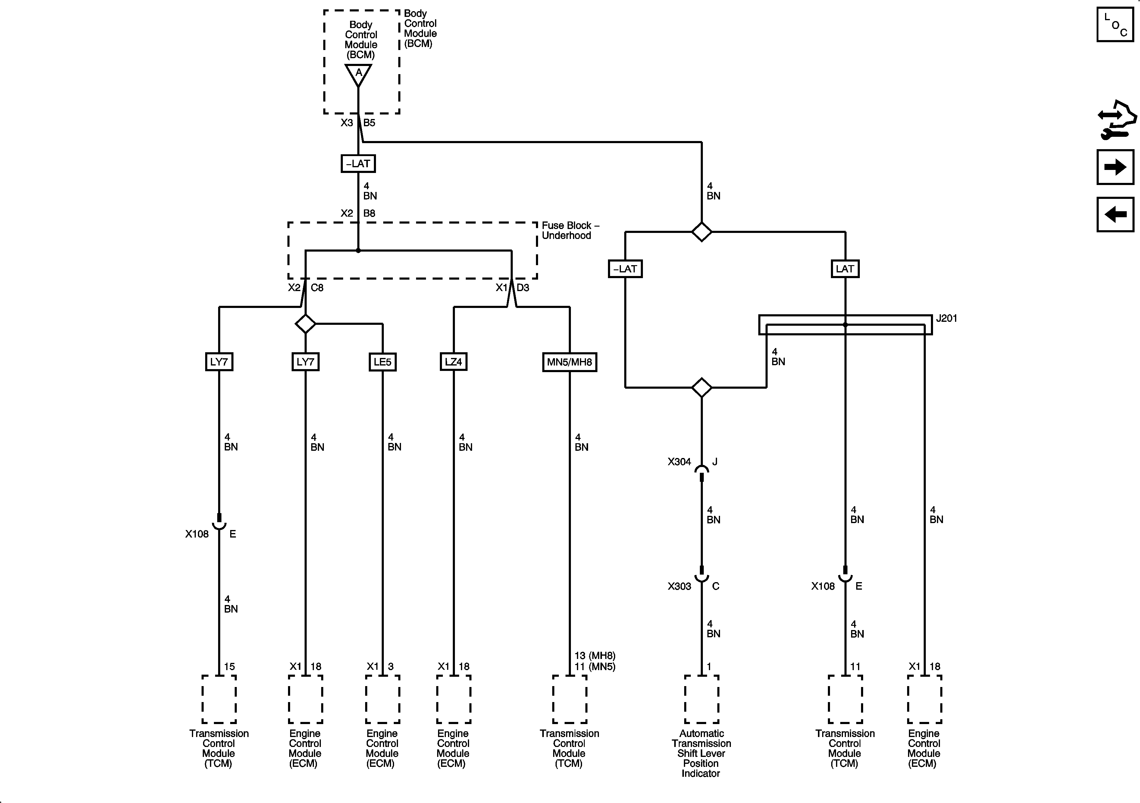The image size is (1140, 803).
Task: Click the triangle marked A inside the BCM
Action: tap(358, 74)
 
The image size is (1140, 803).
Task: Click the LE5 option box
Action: tap(382, 362)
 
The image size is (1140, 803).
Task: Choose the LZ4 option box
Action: tap(453, 362)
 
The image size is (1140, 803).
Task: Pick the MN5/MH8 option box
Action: tap(569, 362)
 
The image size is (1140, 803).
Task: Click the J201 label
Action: tap(946, 318)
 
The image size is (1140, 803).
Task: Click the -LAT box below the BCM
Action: tap(358, 163)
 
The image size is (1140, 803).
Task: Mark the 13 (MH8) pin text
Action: tap(595, 656)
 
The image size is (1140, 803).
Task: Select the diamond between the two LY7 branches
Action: tap(305, 324)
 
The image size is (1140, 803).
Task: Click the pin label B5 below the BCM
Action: tap(369, 123)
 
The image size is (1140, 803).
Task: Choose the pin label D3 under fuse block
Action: tap(523, 287)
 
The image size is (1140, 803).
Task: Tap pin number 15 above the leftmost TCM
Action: tap(229, 667)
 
